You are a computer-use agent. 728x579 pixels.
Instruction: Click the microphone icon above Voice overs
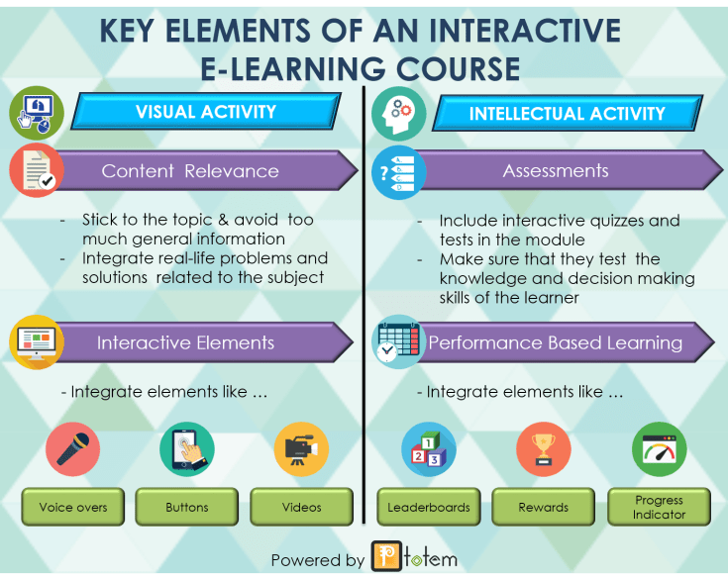(x=73, y=449)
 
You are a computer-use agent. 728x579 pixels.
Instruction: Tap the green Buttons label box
(x=187, y=507)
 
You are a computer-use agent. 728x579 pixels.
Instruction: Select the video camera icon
(x=301, y=449)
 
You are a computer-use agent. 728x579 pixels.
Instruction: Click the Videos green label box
(x=301, y=507)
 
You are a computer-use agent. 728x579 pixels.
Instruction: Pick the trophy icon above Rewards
(x=544, y=449)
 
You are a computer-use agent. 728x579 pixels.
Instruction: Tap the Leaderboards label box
(x=429, y=507)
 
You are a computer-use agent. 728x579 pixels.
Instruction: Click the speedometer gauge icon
(x=659, y=449)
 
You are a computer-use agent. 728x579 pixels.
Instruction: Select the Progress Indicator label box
(x=659, y=507)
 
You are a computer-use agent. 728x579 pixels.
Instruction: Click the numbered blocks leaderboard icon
(x=429, y=449)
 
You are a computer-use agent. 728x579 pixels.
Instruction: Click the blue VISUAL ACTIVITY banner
(x=206, y=112)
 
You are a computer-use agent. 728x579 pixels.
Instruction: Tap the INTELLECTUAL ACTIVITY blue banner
(x=567, y=113)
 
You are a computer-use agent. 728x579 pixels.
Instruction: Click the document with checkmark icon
(x=37, y=170)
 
